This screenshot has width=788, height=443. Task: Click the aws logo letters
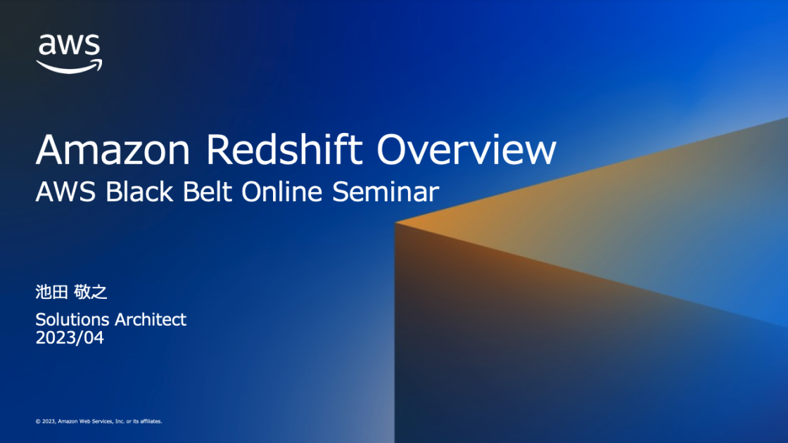tap(69, 45)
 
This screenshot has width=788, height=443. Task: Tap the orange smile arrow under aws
tap(70, 67)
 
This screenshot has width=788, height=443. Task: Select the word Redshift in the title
tap(287, 149)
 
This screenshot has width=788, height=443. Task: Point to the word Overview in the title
tap(466, 149)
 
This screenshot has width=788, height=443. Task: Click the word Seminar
tap(386, 191)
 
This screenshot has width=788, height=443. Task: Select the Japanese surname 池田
tap(51, 293)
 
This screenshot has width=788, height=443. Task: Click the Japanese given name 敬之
tap(91, 293)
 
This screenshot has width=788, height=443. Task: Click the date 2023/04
tap(70, 338)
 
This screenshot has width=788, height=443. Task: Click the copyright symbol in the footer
tap(37, 421)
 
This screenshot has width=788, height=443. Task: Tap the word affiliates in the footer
tap(150, 421)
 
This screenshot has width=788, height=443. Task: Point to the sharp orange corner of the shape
tap(398, 223)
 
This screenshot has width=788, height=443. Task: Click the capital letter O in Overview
tap(393, 149)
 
